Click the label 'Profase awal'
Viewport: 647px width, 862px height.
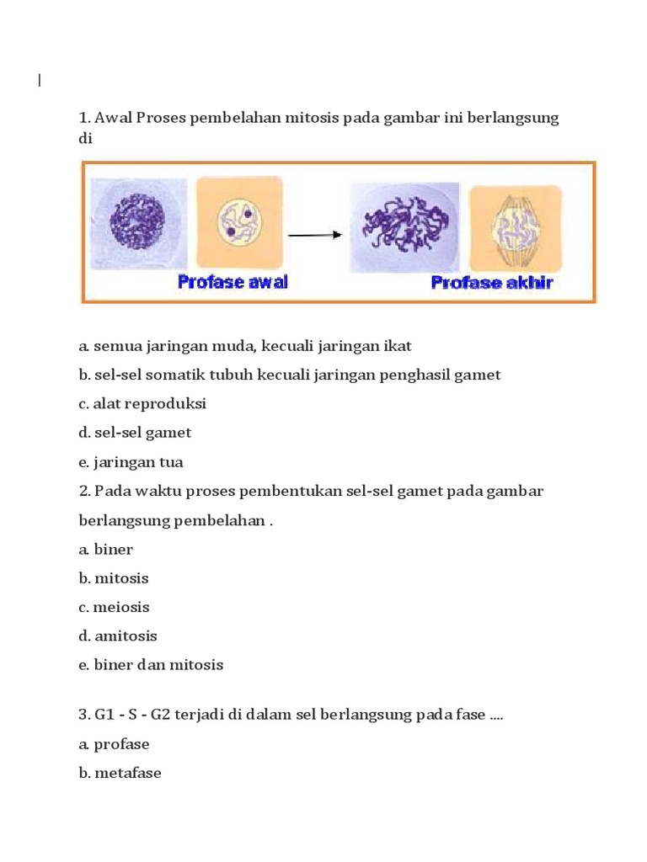[233, 282]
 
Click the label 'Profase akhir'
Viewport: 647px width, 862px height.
[492, 282]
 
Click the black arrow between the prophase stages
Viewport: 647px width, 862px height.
[314, 235]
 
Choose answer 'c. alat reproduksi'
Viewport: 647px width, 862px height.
[142, 404]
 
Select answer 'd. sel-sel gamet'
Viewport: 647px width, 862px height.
[135, 433]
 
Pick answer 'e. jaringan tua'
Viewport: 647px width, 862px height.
[131, 462]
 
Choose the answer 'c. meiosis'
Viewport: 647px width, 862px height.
[115, 607]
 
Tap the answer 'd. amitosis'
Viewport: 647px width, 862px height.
[118, 636]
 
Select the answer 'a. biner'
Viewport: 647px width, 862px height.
[106, 550]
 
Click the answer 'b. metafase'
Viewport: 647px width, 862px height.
[120, 773]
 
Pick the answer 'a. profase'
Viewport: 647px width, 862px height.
[115, 744]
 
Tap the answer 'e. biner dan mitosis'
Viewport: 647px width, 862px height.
[152, 665]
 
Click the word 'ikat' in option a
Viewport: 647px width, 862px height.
[398, 346]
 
